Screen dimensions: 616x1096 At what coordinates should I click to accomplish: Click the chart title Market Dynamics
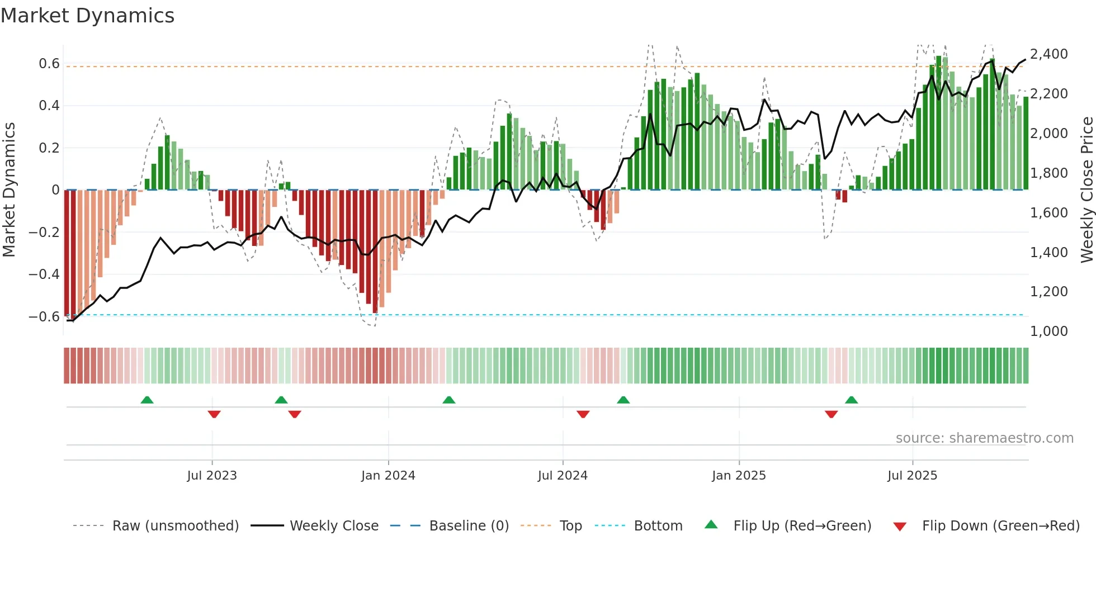(87, 16)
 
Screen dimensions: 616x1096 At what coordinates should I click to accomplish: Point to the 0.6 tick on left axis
(49, 64)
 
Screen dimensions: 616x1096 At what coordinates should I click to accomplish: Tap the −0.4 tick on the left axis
(44, 274)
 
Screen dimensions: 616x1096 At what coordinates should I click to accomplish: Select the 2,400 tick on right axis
(1049, 54)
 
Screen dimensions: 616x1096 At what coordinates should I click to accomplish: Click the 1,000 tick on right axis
(1049, 331)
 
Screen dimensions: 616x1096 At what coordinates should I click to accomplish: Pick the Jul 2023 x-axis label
(212, 476)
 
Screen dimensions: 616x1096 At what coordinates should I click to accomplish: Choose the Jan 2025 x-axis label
(739, 476)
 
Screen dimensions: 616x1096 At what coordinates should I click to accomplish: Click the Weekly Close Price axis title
(1086, 190)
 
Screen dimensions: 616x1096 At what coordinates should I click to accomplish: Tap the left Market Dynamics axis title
(9, 190)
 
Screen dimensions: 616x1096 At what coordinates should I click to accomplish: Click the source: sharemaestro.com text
(984, 438)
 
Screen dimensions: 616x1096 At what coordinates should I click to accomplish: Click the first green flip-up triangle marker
(147, 400)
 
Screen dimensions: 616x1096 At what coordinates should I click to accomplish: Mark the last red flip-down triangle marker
(831, 414)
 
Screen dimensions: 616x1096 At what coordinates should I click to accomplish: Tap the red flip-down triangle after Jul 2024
(583, 414)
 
